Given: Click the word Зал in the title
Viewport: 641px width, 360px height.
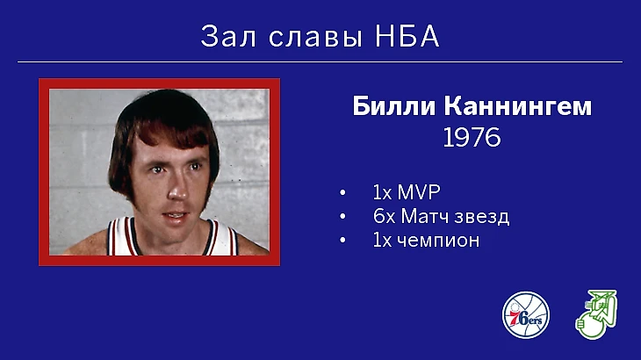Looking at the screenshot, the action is tap(228, 36).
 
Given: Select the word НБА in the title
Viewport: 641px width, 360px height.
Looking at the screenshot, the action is tap(407, 36).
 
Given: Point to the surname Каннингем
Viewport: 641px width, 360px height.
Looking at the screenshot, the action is tap(518, 107).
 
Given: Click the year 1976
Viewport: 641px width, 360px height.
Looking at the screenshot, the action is tap(472, 137).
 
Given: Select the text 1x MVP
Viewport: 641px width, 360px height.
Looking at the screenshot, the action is tap(407, 192).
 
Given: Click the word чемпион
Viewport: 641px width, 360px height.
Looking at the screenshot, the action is tap(438, 241).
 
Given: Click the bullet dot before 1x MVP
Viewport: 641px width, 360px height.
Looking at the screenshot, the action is tap(342, 192).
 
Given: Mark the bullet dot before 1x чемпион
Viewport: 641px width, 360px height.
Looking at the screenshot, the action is tap(342, 241).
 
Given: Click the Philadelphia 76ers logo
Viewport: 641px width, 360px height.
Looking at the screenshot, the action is tap(526, 315).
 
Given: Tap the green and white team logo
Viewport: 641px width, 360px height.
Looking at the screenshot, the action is tap(596, 314).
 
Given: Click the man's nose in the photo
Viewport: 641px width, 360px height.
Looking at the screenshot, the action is tap(178, 189).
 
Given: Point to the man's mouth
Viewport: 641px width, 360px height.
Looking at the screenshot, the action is tap(175, 215).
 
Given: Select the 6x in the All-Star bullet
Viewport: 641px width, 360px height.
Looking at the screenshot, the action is tap(385, 216).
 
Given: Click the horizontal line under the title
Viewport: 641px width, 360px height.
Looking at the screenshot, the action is tap(320, 62).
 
